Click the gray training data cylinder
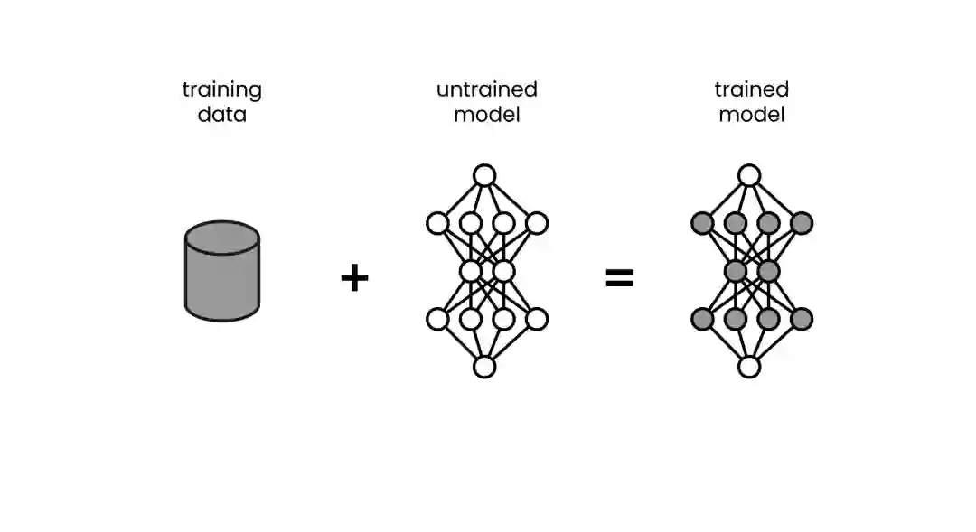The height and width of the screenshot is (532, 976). coord(221,275)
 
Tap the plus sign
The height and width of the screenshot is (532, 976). coord(354,277)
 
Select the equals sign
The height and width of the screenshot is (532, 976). coord(619,278)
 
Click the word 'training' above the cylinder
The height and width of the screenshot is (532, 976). coord(221,90)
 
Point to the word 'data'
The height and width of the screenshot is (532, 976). coord(221,115)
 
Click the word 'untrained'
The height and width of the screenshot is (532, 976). coord(486,89)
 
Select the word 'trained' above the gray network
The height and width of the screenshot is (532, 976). coord(751,89)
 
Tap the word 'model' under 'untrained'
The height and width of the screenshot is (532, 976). coord(486,115)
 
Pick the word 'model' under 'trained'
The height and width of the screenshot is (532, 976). coord(751,115)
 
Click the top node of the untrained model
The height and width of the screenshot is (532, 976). coord(484,175)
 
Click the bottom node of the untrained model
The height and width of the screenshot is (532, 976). coord(484,367)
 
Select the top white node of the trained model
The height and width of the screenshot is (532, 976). coord(749,175)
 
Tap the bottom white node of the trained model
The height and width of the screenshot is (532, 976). coord(749,367)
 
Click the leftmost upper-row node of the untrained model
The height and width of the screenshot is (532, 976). coord(437,223)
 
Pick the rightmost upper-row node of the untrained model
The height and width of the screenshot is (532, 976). coord(537,223)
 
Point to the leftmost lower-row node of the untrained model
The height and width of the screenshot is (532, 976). coord(437,319)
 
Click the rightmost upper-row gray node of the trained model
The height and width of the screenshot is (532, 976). coord(802,223)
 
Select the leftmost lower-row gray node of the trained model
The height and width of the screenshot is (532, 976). coord(702,319)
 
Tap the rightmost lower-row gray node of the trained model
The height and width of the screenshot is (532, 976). coord(802,319)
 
